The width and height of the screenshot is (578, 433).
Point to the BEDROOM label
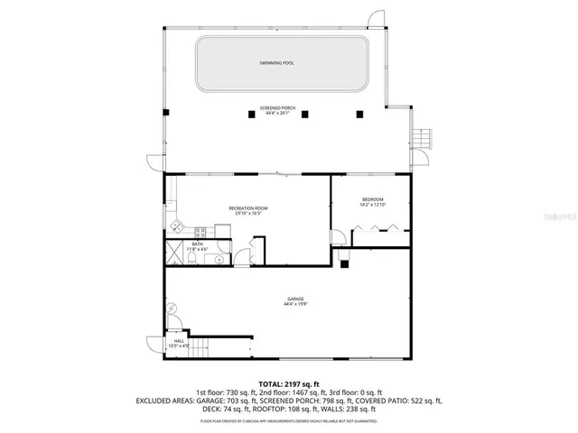click(373, 201)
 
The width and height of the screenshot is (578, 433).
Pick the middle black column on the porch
click(305, 114)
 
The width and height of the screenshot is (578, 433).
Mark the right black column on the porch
click(359, 114)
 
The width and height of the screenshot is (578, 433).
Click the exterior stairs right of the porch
click(424, 140)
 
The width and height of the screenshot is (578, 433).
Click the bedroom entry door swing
click(337, 238)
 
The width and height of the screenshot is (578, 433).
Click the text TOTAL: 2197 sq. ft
click(289, 384)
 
